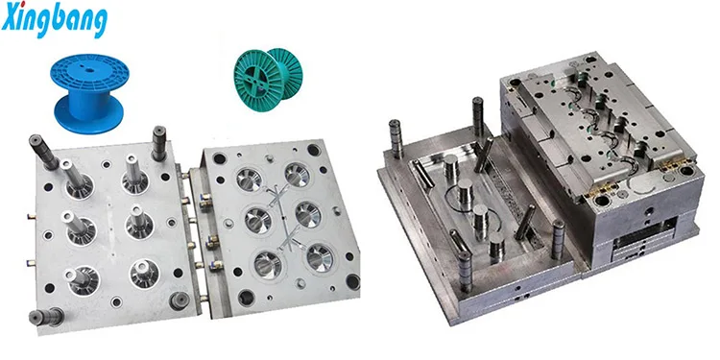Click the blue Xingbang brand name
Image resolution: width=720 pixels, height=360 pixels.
coord(54,19)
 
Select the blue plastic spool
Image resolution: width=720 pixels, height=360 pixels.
coord(89,94)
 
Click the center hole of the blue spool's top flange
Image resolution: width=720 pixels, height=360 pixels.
coord(88,71)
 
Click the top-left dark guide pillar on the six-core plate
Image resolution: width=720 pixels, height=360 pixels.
coord(43,152)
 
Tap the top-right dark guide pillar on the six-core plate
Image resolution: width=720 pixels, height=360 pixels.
coord(158,143)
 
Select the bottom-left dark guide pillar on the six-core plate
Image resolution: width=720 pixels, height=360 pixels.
coord(46,317)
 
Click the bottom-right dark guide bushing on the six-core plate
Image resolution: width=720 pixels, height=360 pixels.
coord(179,300)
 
